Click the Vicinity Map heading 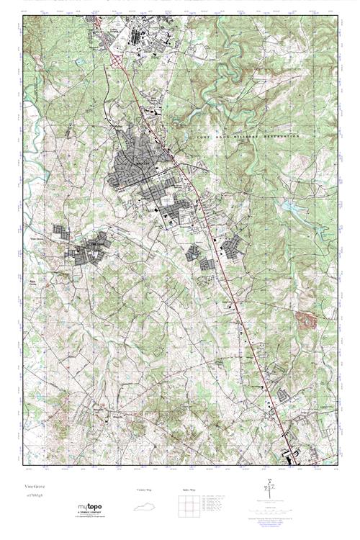click(146, 490)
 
